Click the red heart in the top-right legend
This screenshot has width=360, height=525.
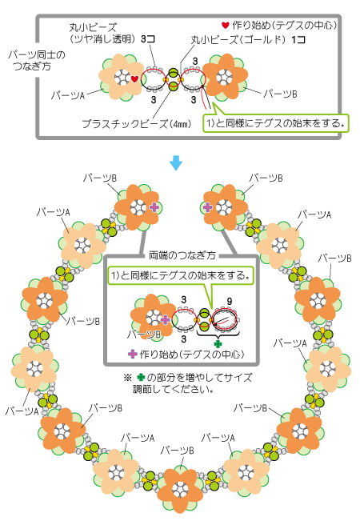click(x=226, y=25)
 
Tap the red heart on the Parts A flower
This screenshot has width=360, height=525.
click(x=134, y=79)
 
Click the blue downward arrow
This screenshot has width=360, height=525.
click(x=176, y=162)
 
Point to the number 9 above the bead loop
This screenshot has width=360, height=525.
click(x=229, y=302)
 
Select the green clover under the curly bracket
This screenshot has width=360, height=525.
click(x=218, y=343)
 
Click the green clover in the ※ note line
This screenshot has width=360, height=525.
click(x=141, y=378)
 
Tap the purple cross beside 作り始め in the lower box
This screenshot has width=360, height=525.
click(x=133, y=354)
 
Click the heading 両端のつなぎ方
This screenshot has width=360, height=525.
click(x=182, y=255)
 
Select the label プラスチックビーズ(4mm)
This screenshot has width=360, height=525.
click(x=137, y=124)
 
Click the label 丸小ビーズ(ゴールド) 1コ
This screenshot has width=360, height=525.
click(x=248, y=40)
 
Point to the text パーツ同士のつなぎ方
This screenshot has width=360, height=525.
click(x=37, y=60)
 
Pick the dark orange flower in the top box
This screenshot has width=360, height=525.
click(x=225, y=78)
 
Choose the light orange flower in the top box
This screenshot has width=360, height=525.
click(x=121, y=78)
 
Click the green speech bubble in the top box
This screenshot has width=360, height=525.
click(x=276, y=123)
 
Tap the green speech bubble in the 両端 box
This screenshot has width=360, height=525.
click(x=181, y=275)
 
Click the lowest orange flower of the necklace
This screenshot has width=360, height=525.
click(x=180, y=490)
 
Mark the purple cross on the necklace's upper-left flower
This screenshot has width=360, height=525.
click(x=154, y=207)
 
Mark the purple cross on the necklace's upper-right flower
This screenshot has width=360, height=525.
click(x=208, y=207)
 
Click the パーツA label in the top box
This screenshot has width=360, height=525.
click(x=67, y=95)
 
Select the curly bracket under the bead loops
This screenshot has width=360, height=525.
click(x=218, y=334)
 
